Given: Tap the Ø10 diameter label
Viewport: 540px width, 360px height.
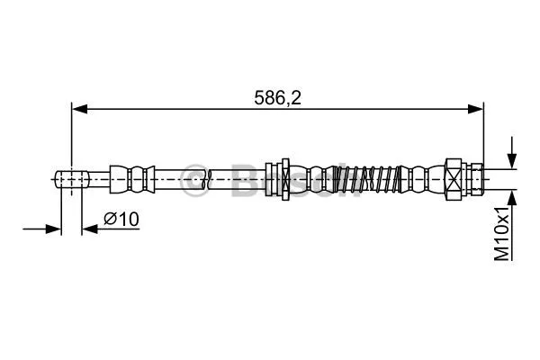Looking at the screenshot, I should [x=120, y=219].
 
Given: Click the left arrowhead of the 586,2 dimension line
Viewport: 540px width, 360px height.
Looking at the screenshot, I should [x=78, y=110].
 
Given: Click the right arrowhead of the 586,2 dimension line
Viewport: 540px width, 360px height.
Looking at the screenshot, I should [x=477, y=110].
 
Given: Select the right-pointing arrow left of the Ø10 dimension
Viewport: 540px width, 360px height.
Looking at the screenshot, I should [x=53, y=229].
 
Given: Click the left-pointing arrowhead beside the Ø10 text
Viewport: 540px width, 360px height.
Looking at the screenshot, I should [x=88, y=229].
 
